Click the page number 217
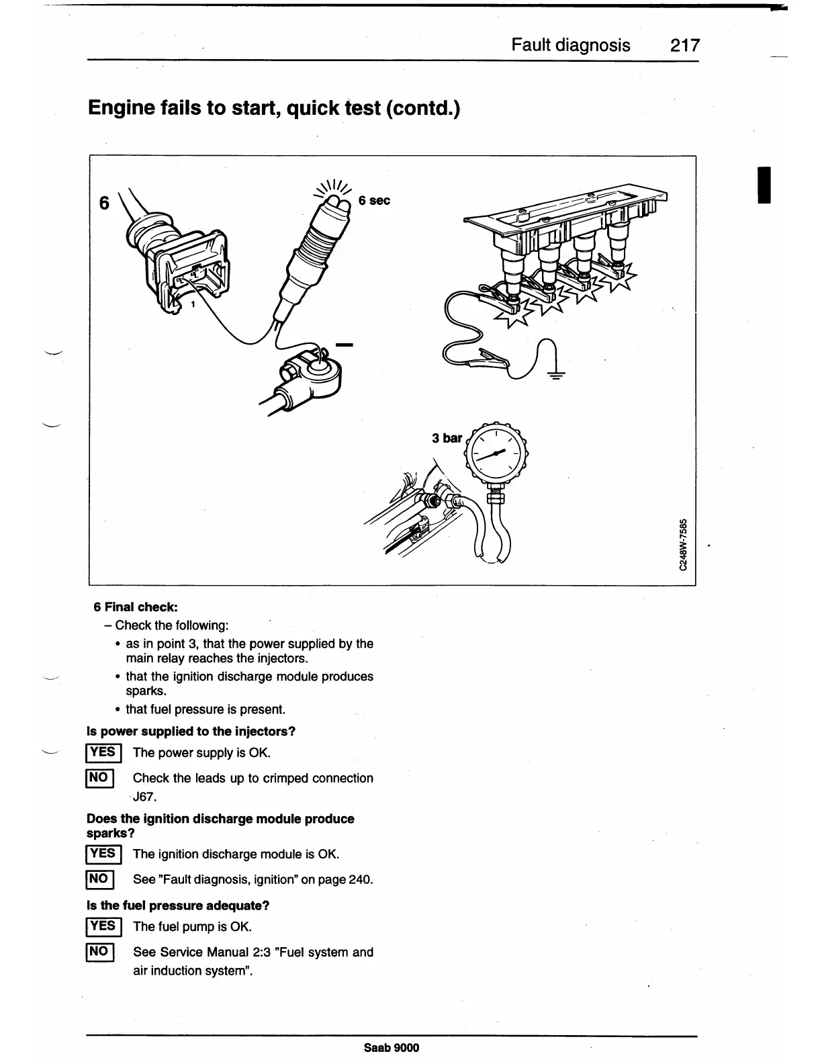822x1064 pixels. click(684, 45)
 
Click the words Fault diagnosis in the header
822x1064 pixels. click(571, 45)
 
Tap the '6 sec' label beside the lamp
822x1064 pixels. click(374, 200)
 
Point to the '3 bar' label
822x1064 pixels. click(447, 438)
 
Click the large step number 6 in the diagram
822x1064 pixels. click(104, 202)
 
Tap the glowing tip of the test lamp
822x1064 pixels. click(336, 202)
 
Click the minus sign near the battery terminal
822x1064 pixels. click(344, 345)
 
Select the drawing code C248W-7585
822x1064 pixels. click(683, 543)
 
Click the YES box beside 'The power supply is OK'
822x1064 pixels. click(103, 753)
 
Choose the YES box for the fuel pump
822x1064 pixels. click(103, 927)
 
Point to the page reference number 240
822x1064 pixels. click(361, 879)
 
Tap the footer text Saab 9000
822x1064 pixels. click(392, 1047)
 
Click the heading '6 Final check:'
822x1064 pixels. click(136, 607)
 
